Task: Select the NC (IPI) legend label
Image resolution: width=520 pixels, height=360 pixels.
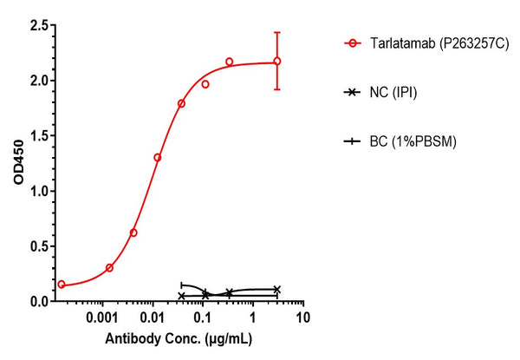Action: pyautogui.click(x=393, y=92)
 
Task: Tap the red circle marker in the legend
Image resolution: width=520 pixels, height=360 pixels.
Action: pyautogui.click(x=353, y=43)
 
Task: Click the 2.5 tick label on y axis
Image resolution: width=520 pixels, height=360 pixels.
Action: pyautogui.click(x=38, y=25)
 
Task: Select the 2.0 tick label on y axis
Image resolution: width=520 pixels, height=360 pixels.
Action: pyautogui.click(x=38, y=81)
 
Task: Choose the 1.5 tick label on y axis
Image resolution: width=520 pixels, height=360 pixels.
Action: pyautogui.click(x=38, y=136)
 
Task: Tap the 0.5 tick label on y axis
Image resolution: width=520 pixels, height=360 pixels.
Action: pyautogui.click(x=38, y=246)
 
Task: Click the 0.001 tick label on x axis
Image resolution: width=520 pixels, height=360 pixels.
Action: pyautogui.click(x=102, y=318)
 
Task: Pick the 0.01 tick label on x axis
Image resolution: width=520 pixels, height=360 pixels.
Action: pyautogui.click(x=153, y=318)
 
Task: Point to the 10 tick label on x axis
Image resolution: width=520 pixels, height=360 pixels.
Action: pyautogui.click(x=302, y=318)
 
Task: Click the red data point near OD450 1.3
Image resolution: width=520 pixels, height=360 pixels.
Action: pyautogui.click(x=157, y=158)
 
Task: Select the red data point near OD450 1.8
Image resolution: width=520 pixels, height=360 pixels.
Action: pyautogui.click(x=181, y=103)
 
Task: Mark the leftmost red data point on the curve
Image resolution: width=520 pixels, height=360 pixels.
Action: pyautogui.click(x=62, y=285)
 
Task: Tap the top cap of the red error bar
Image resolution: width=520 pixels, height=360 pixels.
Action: pyautogui.click(x=277, y=33)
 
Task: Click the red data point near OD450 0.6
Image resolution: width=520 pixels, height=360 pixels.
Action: pyautogui.click(x=133, y=232)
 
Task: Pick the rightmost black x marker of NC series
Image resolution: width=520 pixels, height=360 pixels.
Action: pyautogui.click(x=277, y=289)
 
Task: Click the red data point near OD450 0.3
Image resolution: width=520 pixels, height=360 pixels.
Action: pyautogui.click(x=109, y=268)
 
